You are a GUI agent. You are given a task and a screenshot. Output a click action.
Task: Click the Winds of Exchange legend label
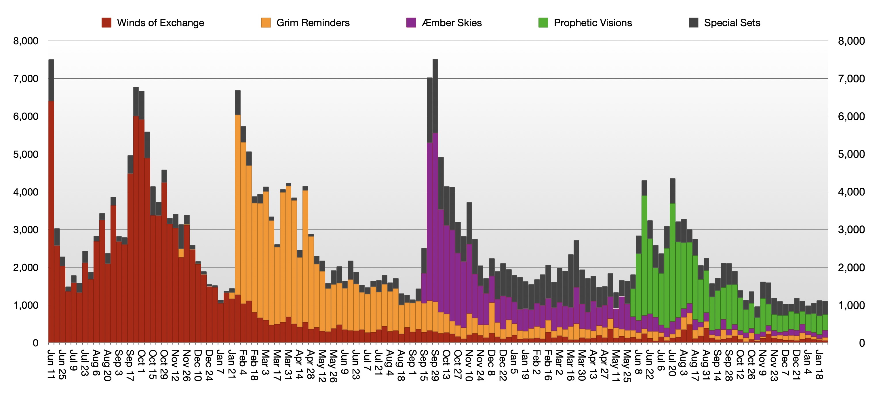click(160, 23)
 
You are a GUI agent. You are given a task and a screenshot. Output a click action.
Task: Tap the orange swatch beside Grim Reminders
click(266, 23)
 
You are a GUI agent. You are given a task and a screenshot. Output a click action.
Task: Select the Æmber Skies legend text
click(452, 23)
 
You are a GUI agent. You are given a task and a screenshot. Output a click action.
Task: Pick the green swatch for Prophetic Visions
click(543, 23)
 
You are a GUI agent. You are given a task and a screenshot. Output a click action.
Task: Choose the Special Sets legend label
click(732, 23)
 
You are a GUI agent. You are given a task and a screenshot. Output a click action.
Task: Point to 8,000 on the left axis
click(26, 41)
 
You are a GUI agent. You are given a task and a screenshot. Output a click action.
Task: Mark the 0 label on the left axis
click(35, 343)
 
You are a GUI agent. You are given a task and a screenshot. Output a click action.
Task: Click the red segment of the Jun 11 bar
click(51, 223)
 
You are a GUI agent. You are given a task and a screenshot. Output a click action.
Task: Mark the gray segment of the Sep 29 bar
click(435, 96)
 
